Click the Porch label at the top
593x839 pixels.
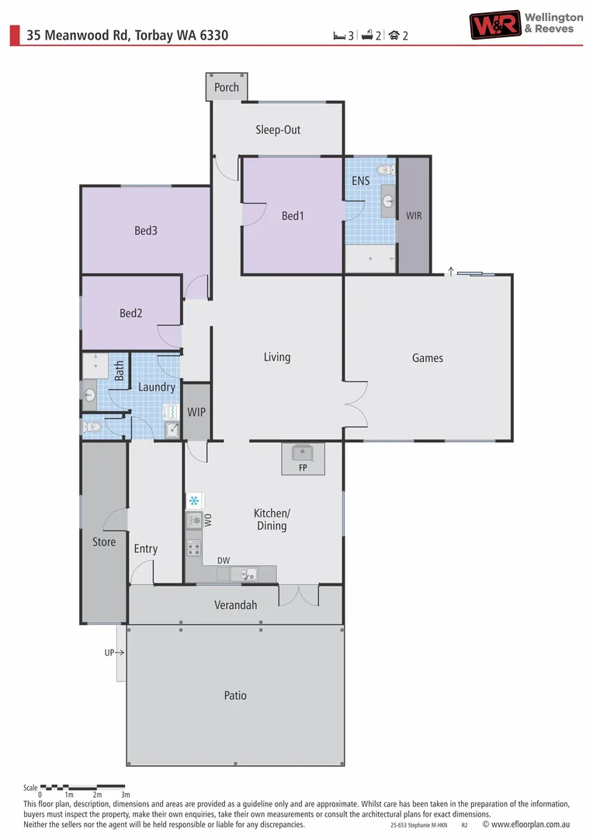tap(227, 88)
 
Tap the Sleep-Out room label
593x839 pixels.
tap(278, 130)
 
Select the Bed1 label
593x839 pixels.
tap(293, 216)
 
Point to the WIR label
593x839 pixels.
tap(414, 215)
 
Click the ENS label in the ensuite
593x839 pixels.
tap(360, 181)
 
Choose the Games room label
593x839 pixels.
tap(428, 358)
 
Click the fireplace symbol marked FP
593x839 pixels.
tap(303, 454)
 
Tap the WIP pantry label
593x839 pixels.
tap(196, 413)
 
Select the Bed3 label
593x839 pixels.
tap(146, 231)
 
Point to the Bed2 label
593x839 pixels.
tap(131, 314)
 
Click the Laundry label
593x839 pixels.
tap(157, 387)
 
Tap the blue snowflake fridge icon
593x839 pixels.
tap(194, 501)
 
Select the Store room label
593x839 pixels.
tap(104, 542)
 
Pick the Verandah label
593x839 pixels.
tap(235, 605)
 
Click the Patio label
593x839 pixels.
tap(235, 695)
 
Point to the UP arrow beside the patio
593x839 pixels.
tap(114, 653)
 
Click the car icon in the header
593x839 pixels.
tap(394, 35)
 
